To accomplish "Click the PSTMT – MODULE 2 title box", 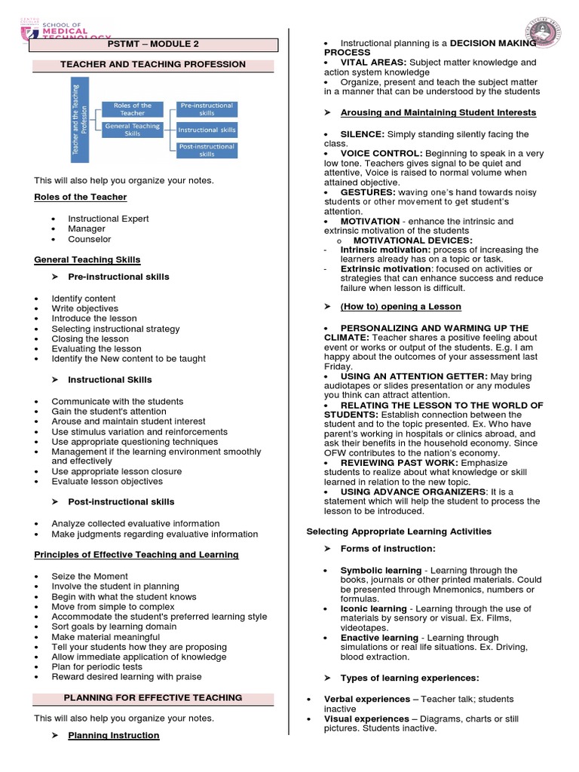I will coord(154,44).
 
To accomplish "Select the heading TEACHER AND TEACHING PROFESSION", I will coord(154,64).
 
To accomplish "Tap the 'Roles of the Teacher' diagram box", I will coord(132,109).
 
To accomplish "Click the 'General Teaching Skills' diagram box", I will coord(132,130).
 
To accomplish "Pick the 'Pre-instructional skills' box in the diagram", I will coord(207,109).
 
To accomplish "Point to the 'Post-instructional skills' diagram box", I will coord(207,149).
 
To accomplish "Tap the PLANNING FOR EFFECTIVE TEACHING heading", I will coord(154,697).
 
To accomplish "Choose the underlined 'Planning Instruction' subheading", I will coord(114,735).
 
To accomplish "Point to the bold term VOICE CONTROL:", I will coord(381,153).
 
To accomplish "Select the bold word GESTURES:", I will coord(368,192).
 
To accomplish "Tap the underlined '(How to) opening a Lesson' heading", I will coord(400,307).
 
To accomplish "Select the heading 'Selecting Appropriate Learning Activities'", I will coord(399,532).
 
